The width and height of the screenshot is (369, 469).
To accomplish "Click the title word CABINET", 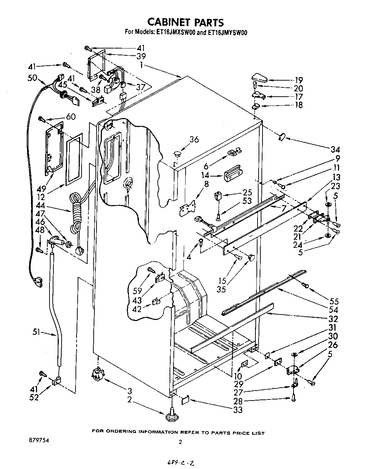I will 169,22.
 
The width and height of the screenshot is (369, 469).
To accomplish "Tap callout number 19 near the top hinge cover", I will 298,80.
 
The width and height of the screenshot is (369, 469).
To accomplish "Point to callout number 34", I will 335,149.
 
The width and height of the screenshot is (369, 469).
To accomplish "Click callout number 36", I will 194,139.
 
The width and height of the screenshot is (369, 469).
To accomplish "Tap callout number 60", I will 71,117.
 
